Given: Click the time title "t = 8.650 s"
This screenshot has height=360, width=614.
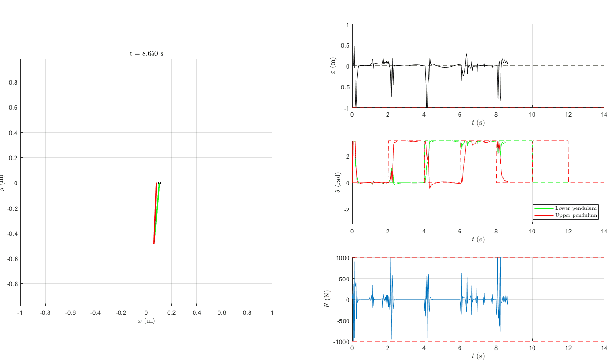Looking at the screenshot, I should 146,53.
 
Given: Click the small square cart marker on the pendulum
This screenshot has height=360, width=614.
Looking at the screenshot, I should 159,183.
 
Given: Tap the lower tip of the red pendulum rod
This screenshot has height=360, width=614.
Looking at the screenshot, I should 154,243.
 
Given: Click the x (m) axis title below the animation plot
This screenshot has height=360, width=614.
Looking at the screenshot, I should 146,321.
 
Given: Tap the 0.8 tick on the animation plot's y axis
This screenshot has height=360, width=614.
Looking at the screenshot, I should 14,82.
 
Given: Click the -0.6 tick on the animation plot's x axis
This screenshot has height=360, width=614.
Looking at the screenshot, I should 70,312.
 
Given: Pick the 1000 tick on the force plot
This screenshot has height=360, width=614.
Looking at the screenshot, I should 342,258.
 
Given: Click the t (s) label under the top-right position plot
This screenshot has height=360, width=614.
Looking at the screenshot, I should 478,123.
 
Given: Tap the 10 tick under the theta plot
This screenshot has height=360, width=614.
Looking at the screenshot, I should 532,231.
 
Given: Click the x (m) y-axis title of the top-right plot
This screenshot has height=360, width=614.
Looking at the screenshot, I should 334,66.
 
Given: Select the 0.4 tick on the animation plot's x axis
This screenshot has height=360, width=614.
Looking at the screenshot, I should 196,312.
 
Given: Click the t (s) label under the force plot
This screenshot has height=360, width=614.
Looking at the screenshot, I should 478,356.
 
